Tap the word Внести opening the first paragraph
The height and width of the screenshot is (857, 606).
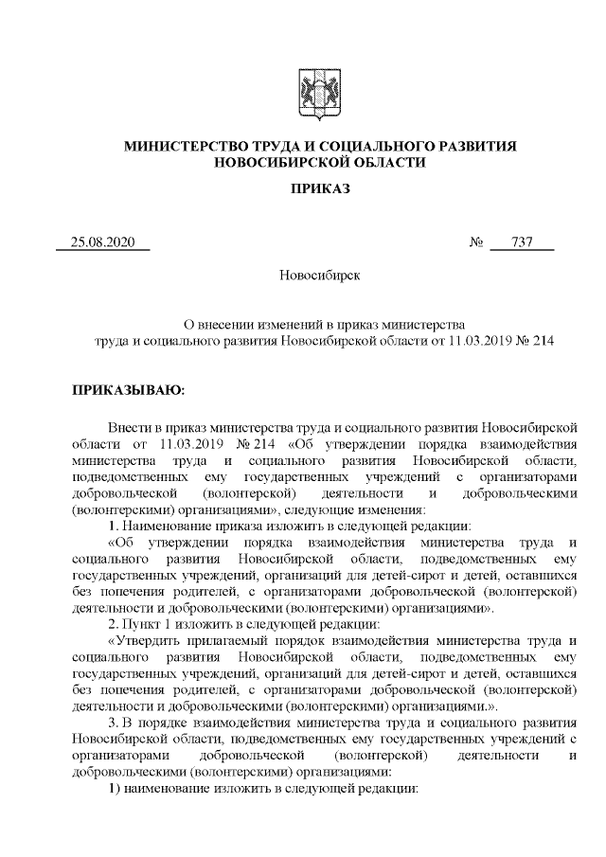pyautogui.click(x=128, y=425)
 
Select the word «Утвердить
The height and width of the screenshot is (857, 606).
pyautogui.click(x=148, y=640)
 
